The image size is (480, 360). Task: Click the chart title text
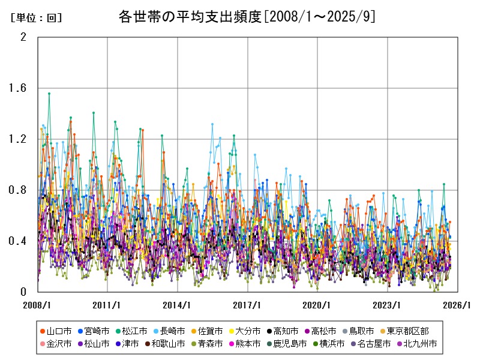247,16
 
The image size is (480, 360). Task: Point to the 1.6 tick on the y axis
19,88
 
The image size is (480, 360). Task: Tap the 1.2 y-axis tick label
19,139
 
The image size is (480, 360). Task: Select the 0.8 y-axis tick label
19,190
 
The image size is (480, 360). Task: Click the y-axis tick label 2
23,37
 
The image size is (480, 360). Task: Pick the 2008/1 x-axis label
38,305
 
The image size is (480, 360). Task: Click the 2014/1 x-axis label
178,305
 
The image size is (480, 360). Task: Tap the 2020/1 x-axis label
317,305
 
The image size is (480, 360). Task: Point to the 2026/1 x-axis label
457,305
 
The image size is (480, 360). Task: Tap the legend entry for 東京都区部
407,331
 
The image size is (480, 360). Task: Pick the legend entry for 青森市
210,344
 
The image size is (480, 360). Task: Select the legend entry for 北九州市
420,344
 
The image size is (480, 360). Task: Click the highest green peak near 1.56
49,94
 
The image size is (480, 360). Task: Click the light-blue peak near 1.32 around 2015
212,124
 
